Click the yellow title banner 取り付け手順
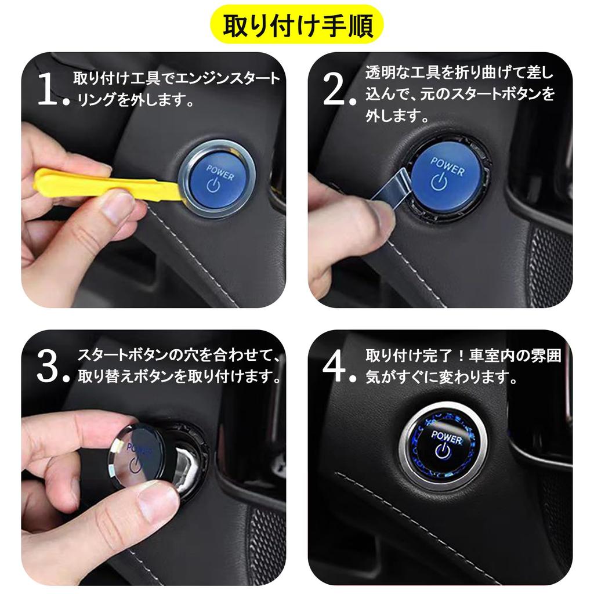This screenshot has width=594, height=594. (x=297, y=24)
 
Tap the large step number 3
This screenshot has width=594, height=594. (x=48, y=367)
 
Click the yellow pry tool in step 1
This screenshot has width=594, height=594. (x=107, y=183)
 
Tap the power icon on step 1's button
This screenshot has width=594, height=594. (x=213, y=184)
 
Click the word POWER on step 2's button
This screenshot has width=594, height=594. (x=447, y=166)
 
